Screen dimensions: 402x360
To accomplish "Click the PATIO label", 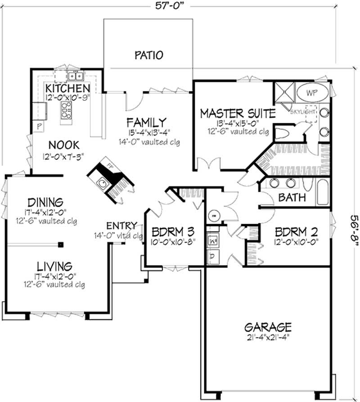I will [148, 55].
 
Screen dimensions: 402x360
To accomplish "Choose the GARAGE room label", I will [268, 327].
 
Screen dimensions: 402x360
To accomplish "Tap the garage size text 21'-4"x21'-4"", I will [268, 337].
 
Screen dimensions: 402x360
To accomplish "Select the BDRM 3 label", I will [173, 232].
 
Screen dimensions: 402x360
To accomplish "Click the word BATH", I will [292, 197].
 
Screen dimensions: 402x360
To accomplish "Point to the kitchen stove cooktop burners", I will [67, 108].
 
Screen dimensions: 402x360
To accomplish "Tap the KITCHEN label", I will [67, 87].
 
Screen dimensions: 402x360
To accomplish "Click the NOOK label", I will [63, 145].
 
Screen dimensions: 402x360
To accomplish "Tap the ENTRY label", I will [121, 226].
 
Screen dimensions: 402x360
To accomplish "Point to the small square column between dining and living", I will [61, 245].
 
